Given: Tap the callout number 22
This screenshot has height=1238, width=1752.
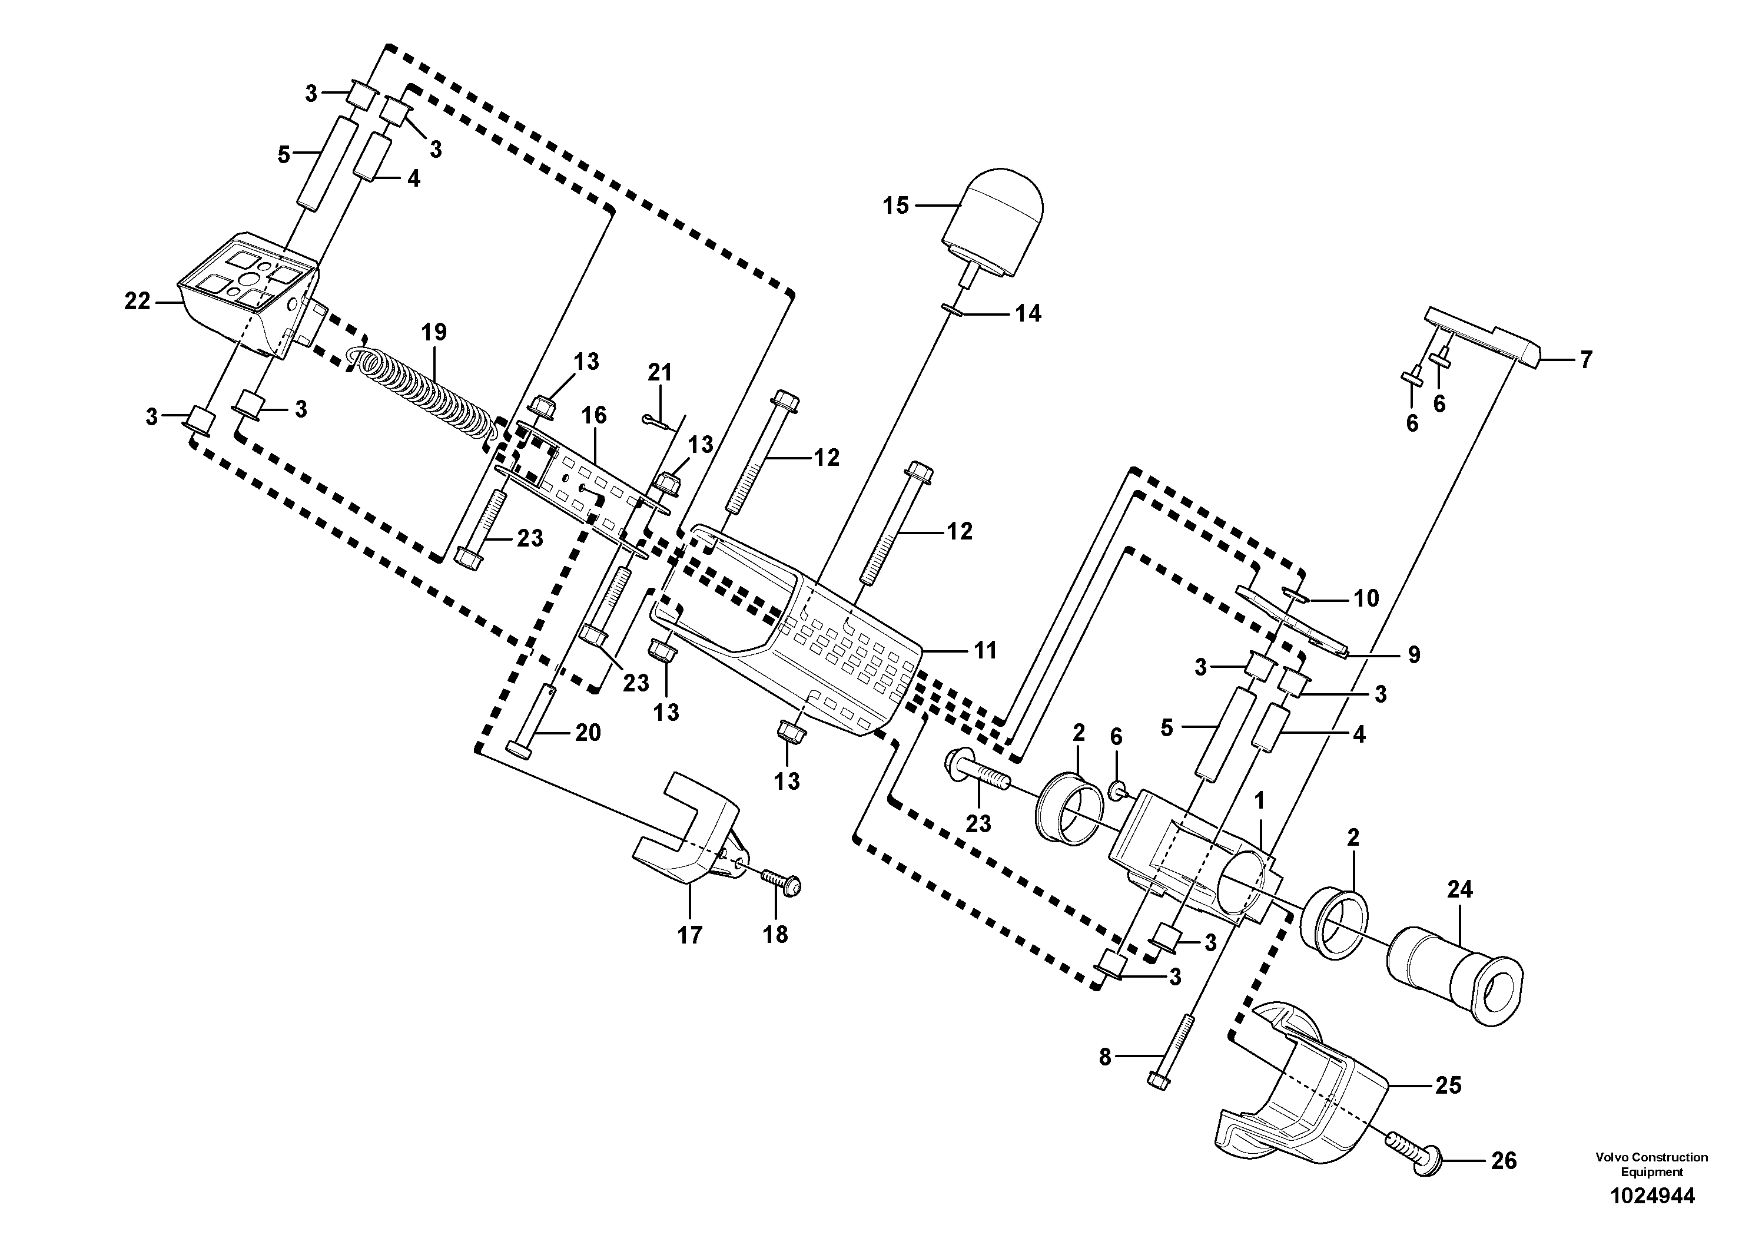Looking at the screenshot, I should point(137,302).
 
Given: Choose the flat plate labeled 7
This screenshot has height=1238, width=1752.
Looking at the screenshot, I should point(1484,336).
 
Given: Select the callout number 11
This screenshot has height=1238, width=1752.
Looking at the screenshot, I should point(985,650).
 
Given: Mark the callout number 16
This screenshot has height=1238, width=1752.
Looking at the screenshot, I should point(593,415).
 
